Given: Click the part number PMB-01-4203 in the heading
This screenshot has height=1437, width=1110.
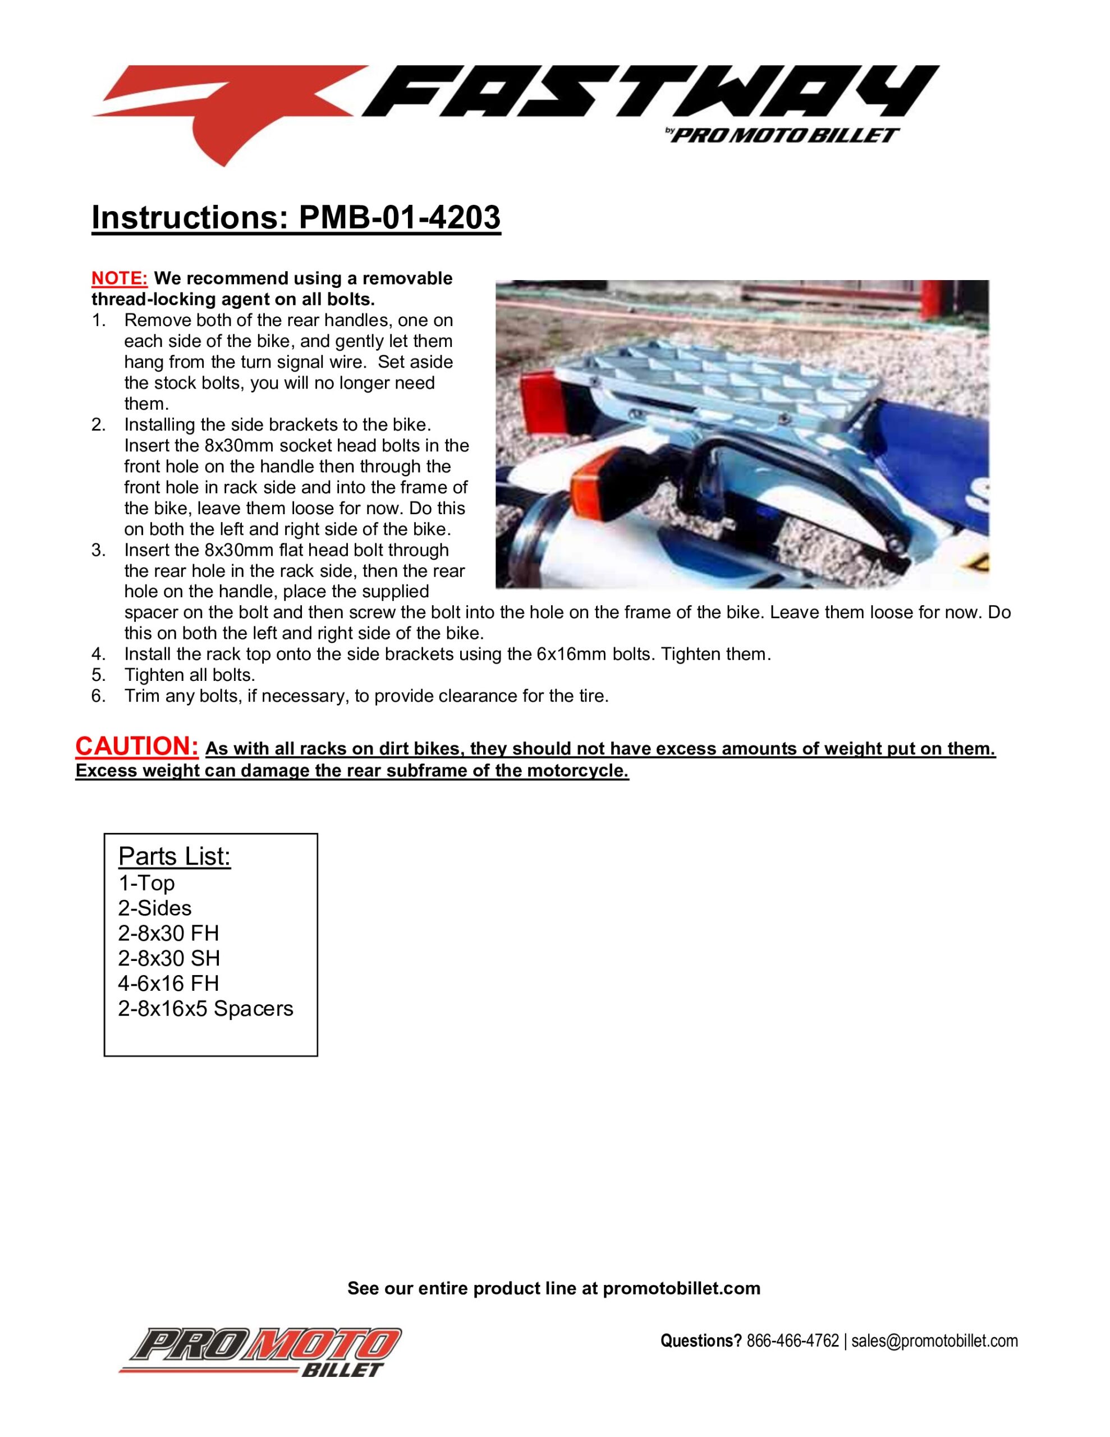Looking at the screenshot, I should [400, 217].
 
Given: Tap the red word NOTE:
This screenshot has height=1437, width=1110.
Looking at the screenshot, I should [119, 278].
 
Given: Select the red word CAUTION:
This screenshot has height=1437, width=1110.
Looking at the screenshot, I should [137, 746].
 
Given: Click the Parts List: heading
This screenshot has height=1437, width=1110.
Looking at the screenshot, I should [175, 856].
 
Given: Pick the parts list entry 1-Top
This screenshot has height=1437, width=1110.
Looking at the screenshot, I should [146, 883].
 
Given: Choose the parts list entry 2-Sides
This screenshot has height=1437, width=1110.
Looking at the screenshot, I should [155, 908].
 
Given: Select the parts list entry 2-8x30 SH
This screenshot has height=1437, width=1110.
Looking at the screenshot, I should [168, 958].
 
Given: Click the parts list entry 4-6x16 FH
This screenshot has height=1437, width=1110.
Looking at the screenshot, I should [168, 983].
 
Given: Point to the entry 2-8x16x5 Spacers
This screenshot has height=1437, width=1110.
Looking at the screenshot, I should [205, 1008].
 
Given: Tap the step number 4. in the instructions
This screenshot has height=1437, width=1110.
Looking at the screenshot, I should [99, 655].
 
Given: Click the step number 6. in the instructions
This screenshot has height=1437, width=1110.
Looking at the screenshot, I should [99, 696].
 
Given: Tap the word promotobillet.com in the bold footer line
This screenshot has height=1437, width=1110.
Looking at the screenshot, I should [682, 1288].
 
